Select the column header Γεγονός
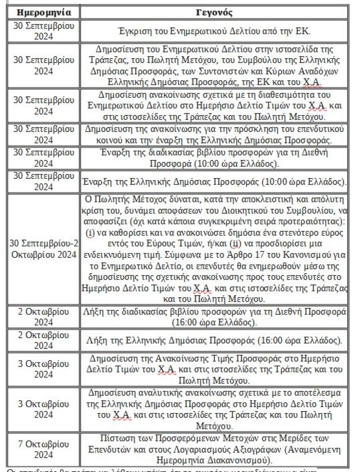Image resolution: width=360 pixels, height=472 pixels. point(214,13)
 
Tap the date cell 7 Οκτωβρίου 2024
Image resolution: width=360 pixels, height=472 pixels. point(44,449)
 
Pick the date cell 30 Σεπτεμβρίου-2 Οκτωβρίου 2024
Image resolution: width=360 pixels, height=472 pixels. point(44,248)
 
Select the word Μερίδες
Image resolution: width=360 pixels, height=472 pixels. point(295,438)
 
